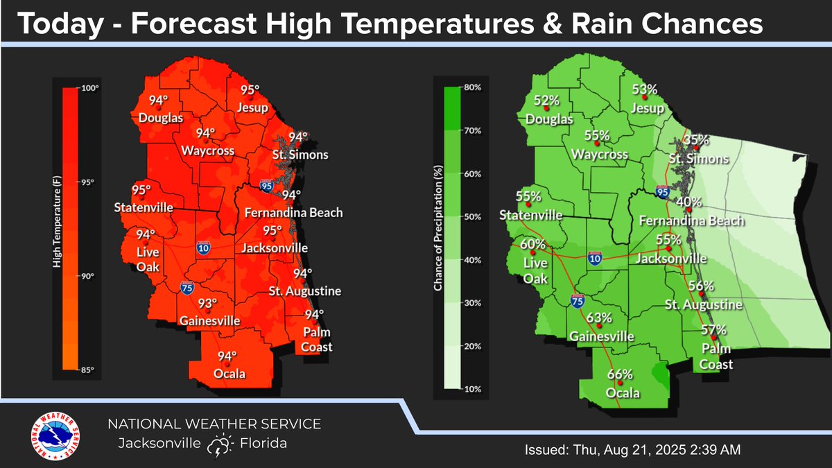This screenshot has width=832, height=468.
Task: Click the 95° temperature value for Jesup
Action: [x=250, y=90]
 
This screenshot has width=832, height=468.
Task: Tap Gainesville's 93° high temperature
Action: [x=206, y=304]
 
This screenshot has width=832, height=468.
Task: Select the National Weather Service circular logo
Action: [x=55, y=436]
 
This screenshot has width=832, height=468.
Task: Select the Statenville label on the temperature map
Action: [x=144, y=208]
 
